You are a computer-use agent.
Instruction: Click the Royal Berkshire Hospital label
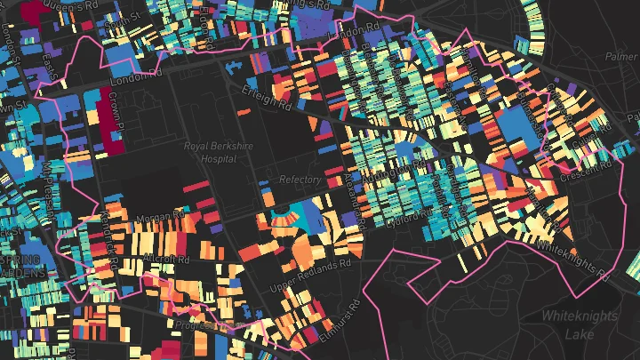[x=210, y=152]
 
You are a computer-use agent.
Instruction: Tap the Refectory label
[x=300, y=180]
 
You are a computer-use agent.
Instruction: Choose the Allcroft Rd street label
[x=164, y=260]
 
